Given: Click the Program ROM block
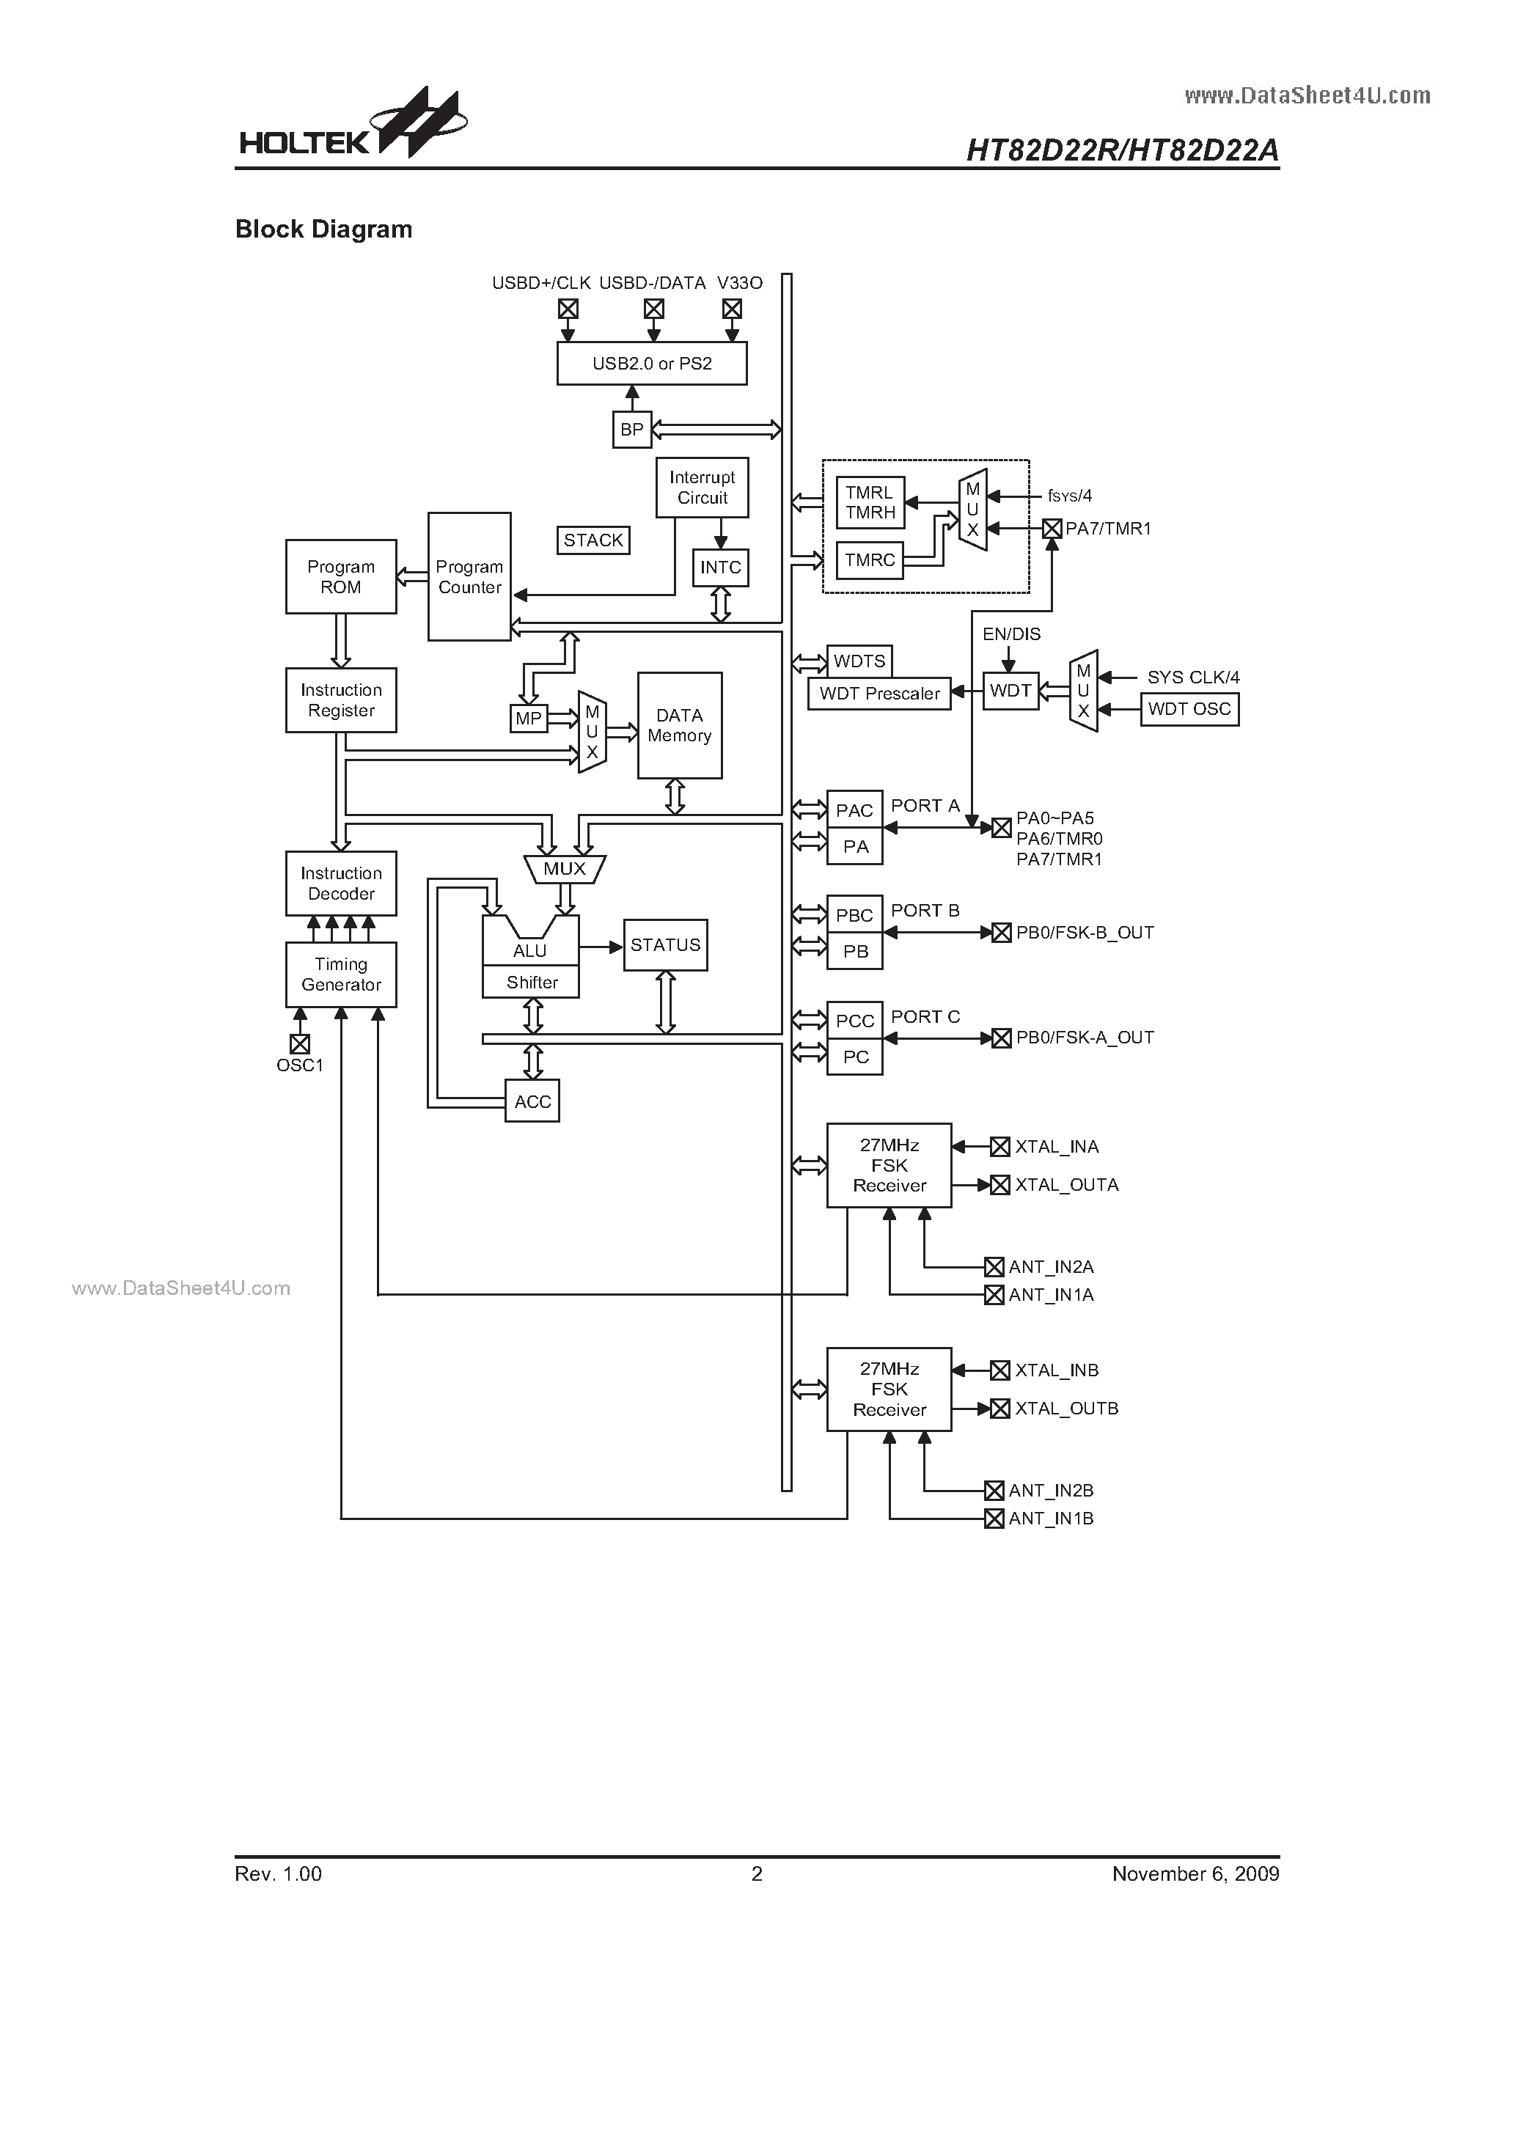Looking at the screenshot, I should pyautogui.click(x=341, y=576).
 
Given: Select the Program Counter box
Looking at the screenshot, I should pyautogui.click(x=469, y=576).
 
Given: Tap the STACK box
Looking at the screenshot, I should pyautogui.click(x=593, y=540).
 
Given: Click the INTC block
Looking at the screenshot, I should pyautogui.click(x=720, y=567).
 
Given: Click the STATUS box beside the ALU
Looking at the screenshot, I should pyautogui.click(x=665, y=945).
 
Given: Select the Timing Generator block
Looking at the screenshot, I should pyautogui.click(x=341, y=974).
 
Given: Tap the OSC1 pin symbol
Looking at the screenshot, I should pyautogui.click(x=300, y=1043).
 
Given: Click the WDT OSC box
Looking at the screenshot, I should pyautogui.click(x=1189, y=709).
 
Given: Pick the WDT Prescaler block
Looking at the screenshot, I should pyautogui.click(x=879, y=693).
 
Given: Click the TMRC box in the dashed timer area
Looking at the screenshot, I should pyautogui.click(x=870, y=559).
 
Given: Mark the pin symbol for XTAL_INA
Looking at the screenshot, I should pyautogui.click(x=1000, y=1147).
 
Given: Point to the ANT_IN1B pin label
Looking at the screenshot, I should pyautogui.click(x=1051, y=1519).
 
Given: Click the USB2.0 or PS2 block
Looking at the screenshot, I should pyautogui.click(x=652, y=363).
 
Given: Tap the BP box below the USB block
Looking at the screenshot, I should pyautogui.click(x=632, y=430).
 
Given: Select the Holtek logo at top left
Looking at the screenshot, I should pyautogui.click(x=353, y=126).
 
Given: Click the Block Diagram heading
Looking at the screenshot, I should pyautogui.click(x=323, y=229).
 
